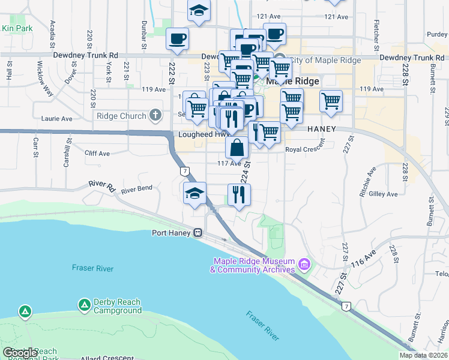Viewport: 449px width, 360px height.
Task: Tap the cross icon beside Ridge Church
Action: coord(155,115)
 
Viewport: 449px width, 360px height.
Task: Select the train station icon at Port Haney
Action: coord(197,233)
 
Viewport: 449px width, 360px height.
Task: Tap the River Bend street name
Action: coord(136,190)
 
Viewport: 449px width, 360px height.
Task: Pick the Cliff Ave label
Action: coord(97,154)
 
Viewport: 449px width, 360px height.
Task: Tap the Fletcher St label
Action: coord(376,35)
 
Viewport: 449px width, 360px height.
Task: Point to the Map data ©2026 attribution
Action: coord(423,355)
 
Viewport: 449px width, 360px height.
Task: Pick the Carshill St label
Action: coord(67,154)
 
